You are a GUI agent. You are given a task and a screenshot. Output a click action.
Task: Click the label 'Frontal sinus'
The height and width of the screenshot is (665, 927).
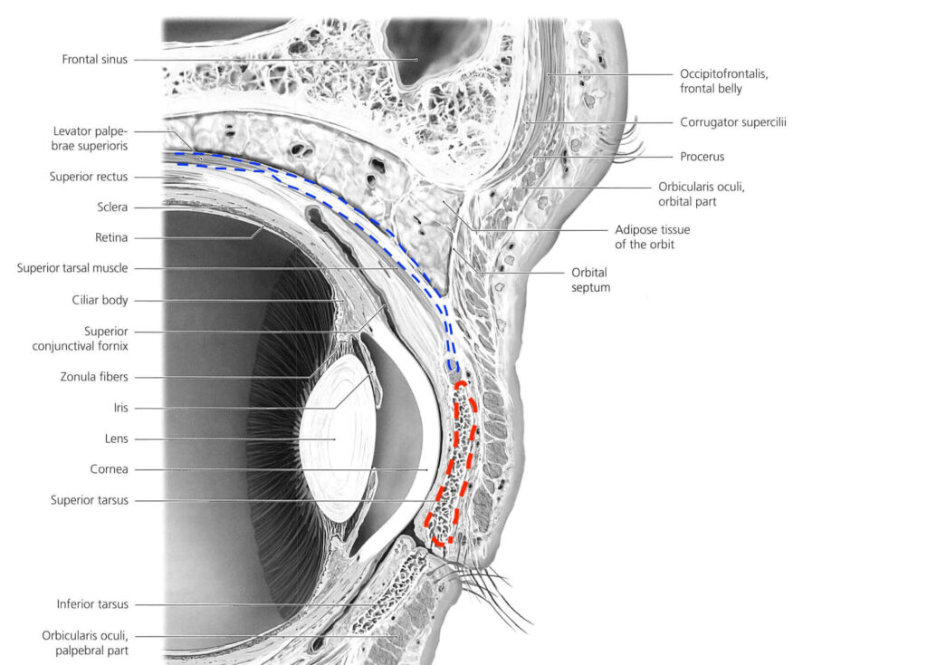[x=95, y=60]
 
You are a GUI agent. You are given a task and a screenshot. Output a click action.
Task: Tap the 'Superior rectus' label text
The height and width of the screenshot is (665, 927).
[x=89, y=177]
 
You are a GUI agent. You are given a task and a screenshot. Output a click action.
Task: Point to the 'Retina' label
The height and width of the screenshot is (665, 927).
[x=109, y=237]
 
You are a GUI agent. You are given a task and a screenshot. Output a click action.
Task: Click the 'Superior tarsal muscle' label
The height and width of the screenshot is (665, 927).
[x=72, y=268]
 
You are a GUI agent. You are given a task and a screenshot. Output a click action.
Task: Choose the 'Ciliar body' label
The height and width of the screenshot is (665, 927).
[x=100, y=300]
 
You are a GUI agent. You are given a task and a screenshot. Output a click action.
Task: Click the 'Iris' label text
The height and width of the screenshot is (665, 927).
[x=118, y=408]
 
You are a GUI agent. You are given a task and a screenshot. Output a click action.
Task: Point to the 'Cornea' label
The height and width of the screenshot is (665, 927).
[x=109, y=469]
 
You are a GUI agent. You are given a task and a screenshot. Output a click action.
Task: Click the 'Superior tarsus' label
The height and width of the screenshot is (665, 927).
[x=89, y=500]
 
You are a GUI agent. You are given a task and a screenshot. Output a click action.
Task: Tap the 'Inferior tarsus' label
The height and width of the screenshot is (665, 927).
[x=92, y=604]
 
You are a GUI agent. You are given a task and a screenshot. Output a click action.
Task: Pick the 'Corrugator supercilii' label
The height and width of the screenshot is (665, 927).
[x=732, y=121]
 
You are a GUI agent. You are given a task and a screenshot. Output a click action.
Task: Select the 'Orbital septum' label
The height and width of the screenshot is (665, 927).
[x=590, y=280]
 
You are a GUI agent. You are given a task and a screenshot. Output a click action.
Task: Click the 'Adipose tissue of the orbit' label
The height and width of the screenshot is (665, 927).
[x=652, y=237]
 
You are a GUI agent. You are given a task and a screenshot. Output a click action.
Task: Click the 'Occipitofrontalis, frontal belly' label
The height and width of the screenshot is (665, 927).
[x=723, y=81]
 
